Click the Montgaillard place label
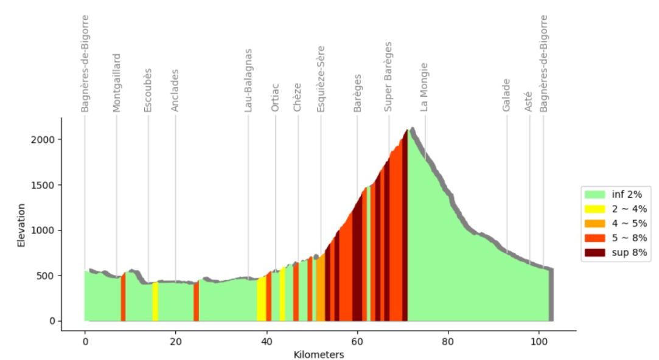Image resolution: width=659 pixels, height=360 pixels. coord(116,83)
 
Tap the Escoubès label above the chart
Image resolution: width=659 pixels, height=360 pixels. coord(147,91)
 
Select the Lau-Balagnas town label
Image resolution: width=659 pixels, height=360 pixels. coord(248,81)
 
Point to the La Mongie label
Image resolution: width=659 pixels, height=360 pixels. coord(424,88)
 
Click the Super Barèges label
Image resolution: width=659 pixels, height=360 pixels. coord(388,77)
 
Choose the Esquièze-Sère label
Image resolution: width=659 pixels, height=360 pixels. coord(321,79)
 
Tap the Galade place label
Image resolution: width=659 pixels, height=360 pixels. coord(506,95)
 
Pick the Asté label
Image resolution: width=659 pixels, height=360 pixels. coord(528,102)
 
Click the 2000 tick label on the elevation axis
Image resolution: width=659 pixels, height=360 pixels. coord(43,139)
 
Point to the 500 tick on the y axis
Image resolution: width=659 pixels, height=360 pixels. coord(46,275)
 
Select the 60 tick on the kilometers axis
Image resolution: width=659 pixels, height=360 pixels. coord(357,342)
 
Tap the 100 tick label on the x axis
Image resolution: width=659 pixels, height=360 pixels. coord(539,342)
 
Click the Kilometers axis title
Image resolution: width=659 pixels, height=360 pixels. coord(319,355)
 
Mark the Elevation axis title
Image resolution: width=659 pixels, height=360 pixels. coord(21,225)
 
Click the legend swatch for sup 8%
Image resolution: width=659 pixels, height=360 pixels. coord(594,252)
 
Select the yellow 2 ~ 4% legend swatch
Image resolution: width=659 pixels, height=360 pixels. coord(594,209)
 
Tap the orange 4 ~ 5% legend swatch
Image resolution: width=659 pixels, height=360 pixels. coord(594,223)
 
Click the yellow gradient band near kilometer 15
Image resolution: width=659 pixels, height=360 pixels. coord(155,302)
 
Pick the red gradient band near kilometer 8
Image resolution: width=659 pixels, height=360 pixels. coord(123,297)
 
